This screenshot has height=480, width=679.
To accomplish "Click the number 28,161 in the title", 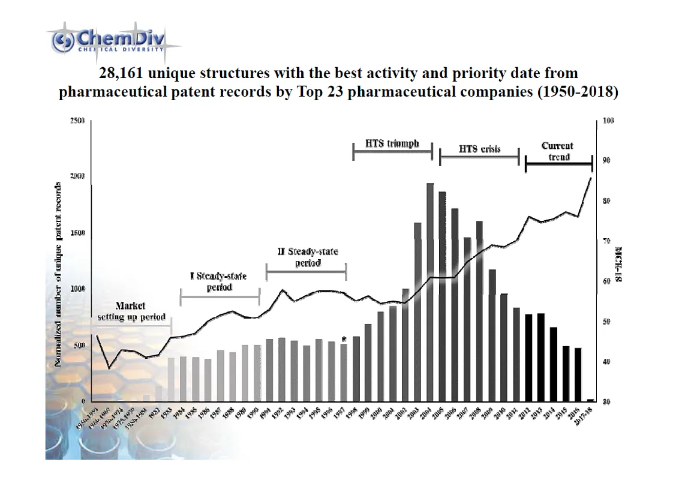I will pyautogui.click(x=124, y=73).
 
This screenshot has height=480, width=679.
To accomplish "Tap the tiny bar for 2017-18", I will pyautogui.click(x=590, y=400).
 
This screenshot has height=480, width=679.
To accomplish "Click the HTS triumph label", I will pyautogui.click(x=392, y=145).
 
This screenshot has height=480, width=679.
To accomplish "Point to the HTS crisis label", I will pyautogui.click(x=479, y=149).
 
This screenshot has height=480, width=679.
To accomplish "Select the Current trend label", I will pyautogui.click(x=558, y=151).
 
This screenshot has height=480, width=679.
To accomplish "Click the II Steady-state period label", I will pyautogui.click(x=307, y=257).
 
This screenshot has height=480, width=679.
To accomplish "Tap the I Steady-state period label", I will pyautogui.click(x=218, y=281).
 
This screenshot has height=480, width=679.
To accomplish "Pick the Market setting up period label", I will pyautogui.click(x=131, y=311).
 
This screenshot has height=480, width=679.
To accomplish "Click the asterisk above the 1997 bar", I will pyautogui.click(x=344, y=339).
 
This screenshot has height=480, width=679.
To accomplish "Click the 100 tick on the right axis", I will pyautogui.click(x=609, y=121).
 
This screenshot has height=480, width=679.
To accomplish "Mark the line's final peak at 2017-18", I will pyautogui.click(x=591, y=178).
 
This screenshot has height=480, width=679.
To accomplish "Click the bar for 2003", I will pyautogui.click(x=417, y=311).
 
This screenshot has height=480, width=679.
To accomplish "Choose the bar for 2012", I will pyautogui.click(x=528, y=357).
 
